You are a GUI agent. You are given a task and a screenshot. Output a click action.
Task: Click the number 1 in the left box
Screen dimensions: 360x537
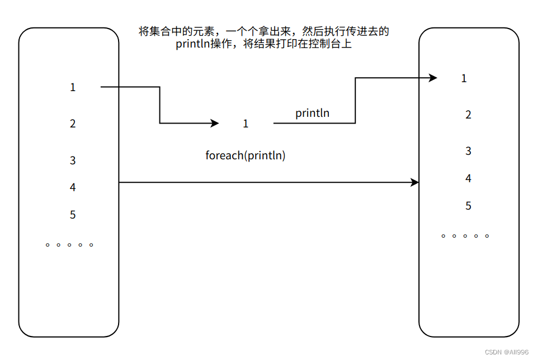click(73, 87)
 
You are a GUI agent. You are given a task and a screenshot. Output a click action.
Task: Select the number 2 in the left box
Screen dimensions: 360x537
click(73, 124)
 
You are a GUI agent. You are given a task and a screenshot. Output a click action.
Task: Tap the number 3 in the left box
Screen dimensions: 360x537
click(73, 160)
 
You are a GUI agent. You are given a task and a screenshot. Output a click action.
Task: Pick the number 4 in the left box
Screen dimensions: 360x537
click(73, 187)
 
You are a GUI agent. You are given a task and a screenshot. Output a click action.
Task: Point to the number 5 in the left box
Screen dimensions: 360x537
click(73, 215)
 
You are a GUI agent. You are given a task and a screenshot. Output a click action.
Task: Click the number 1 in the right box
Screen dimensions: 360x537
click(464, 78)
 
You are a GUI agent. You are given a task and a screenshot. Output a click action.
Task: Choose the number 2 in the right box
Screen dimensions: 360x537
click(468, 115)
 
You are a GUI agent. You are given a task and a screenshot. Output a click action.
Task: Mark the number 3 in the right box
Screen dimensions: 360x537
click(468, 151)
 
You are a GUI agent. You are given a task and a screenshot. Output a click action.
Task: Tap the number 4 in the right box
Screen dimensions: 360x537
click(468, 178)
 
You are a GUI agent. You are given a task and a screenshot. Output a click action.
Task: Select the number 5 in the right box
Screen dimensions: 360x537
click(468, 206)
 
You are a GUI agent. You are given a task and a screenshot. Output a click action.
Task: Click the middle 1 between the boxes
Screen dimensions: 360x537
click(246, 124)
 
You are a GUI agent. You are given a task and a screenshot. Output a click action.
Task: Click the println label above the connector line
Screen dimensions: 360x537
click(312, 113)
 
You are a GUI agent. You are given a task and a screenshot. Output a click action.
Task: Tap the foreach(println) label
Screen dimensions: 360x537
click(246, 156)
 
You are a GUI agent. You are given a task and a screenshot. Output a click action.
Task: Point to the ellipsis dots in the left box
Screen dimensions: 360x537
click(69, 245)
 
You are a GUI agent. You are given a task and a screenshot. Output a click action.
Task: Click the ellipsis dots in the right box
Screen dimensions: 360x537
click(465, 236)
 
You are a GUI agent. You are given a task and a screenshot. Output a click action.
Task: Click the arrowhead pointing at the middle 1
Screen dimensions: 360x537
click(215, 124)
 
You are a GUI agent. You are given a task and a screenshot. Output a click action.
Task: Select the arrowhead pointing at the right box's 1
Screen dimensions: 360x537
click(433, 78)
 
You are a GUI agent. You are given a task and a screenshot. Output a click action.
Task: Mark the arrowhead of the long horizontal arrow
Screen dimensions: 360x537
click(415, 182)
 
